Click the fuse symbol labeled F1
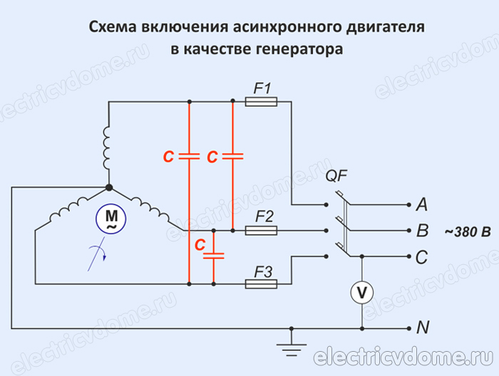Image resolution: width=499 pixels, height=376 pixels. click(x=261, y=103)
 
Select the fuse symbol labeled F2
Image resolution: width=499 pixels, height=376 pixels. click(x=261, y=231)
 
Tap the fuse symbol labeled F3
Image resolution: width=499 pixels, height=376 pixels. click(x=261, y=283)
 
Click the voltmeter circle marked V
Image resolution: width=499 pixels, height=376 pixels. click(x=363, y=292)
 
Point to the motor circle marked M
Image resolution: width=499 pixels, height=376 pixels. click(x=111, y=218)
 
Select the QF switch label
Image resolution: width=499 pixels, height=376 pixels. click(x=336, y=176)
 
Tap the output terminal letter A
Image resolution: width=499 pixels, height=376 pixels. click(x=421, y=205)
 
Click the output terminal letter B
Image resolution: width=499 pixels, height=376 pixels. click(x=421, y=231)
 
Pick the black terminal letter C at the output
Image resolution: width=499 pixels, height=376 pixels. click(x=421, y=256)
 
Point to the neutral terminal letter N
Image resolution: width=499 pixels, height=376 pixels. click(x=422, y=328)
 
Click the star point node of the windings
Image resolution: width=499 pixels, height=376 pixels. click(x=108, y=187)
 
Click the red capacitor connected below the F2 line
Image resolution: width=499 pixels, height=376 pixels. click(x=212, y=254)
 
